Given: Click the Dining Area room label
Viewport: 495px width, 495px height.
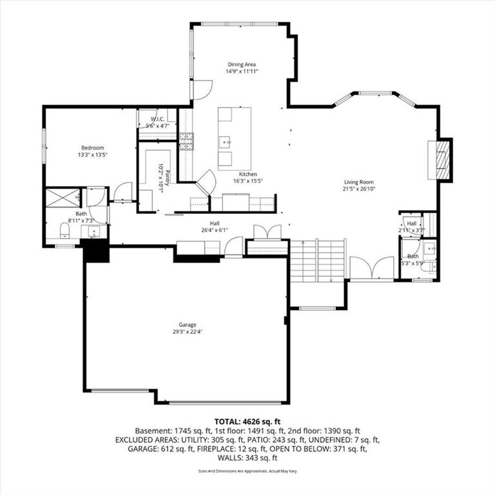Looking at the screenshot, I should click(242, 64).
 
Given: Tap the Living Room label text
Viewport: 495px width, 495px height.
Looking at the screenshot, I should click(358, 182).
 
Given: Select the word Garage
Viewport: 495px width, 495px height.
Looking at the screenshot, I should click(188, 324).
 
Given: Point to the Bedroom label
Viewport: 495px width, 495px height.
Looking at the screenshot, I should click(92, 148).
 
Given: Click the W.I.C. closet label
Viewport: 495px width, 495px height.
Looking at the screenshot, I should click(159, 119).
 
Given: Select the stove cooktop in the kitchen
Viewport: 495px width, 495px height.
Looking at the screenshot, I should click(186, 141).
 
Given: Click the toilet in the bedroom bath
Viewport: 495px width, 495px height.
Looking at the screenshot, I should click(65, 230).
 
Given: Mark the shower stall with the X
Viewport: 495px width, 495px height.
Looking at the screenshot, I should click(62, 197).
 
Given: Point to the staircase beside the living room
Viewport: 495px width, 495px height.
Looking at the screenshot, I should click(318, 261).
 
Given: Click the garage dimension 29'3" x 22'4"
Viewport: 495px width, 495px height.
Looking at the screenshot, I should click(188, 332).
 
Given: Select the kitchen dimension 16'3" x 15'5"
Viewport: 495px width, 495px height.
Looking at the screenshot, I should click(248, 182).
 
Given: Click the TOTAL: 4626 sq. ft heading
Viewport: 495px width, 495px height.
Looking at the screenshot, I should click(247, 422).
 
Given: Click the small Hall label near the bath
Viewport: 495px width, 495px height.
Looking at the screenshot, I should click(411, 223).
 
